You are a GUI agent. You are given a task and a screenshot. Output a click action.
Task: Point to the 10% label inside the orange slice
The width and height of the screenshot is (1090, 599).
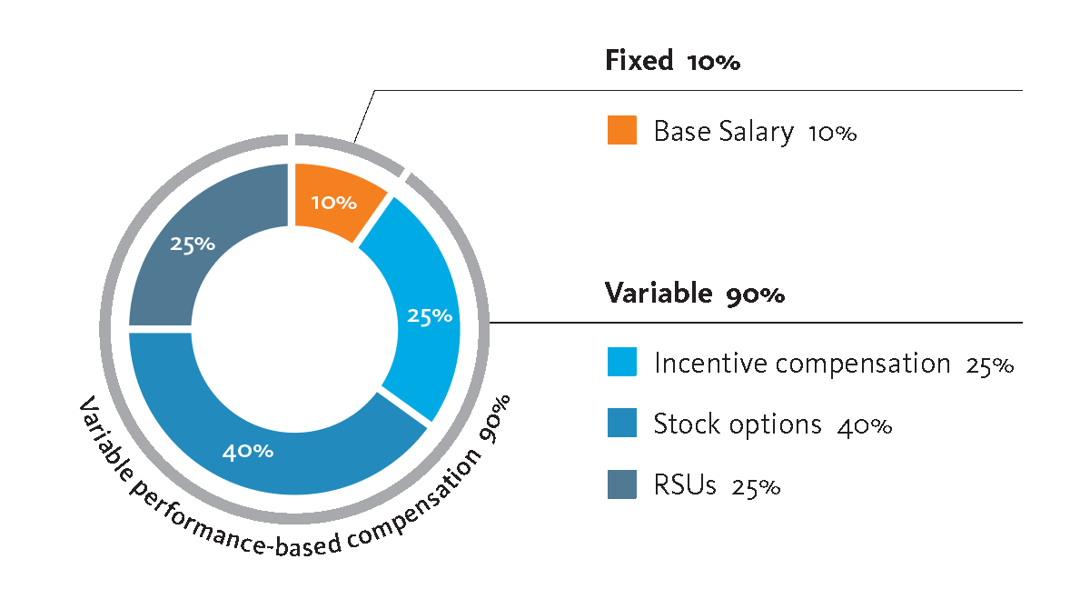(334, 202)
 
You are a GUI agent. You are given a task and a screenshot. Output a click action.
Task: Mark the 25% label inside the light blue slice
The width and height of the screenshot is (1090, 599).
(430, 315)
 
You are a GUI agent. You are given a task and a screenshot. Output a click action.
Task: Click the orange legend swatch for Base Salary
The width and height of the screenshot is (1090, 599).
(622, 130)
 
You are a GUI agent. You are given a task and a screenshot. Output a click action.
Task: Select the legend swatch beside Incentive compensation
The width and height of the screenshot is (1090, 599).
(622, 363)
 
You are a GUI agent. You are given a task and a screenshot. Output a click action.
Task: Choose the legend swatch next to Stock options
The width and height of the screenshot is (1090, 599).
(622, 424)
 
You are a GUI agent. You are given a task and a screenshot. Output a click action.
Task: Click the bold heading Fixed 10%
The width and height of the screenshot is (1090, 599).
(673, 62)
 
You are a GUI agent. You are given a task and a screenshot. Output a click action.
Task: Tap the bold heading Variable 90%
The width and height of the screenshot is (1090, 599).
(695, 294)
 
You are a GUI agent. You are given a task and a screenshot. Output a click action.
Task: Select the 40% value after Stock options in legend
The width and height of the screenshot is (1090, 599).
(865, 425)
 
